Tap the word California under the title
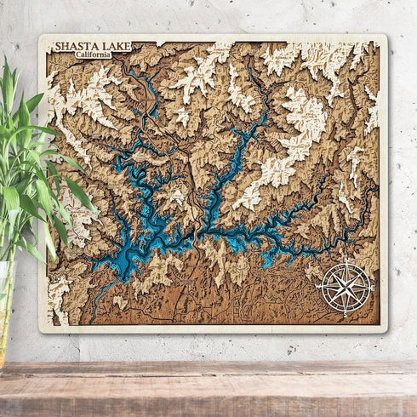pyautogui.click(x=93, y=54)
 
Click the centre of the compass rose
pyautogui.click(x=345, y=288)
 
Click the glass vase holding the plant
pyautogui.click(x=7, y=315)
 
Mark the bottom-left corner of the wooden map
pyautogui.click(x=41, y=330)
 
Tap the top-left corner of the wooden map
pyautogui.click(x=41, y=37)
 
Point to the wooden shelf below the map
pyautogui.click(x=208, y=383)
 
